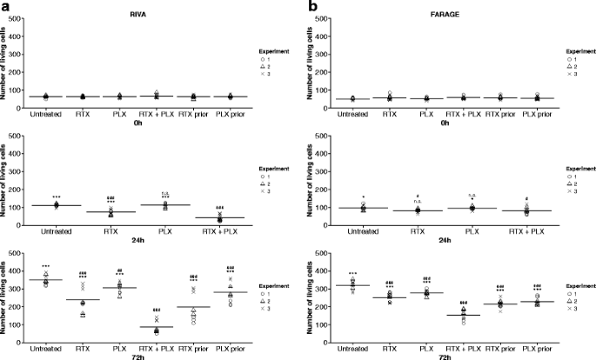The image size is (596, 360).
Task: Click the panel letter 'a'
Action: click(6, 7)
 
